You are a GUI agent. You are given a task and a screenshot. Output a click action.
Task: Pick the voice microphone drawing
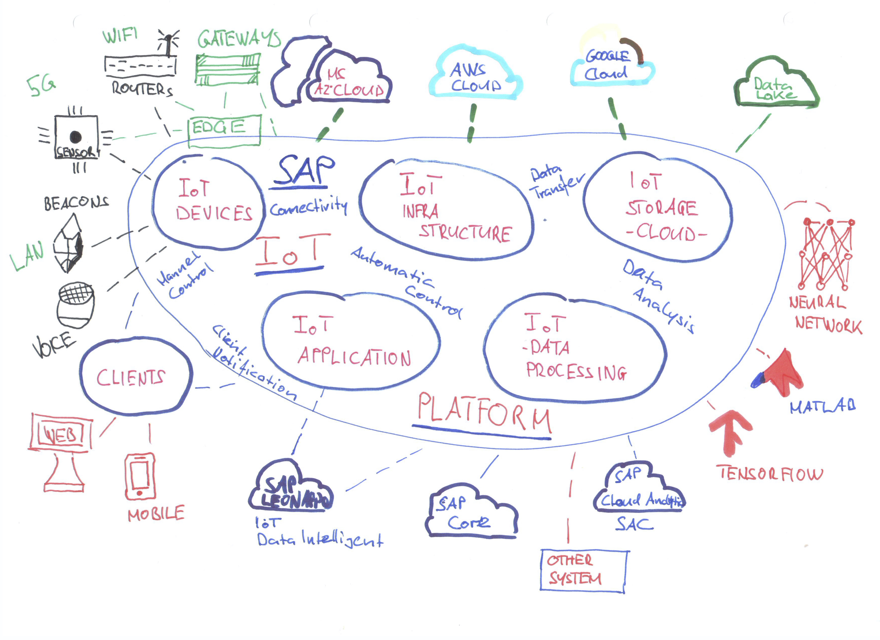[x=76, y=305]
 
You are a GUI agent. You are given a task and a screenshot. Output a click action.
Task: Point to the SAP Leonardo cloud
[x=291, y=489]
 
